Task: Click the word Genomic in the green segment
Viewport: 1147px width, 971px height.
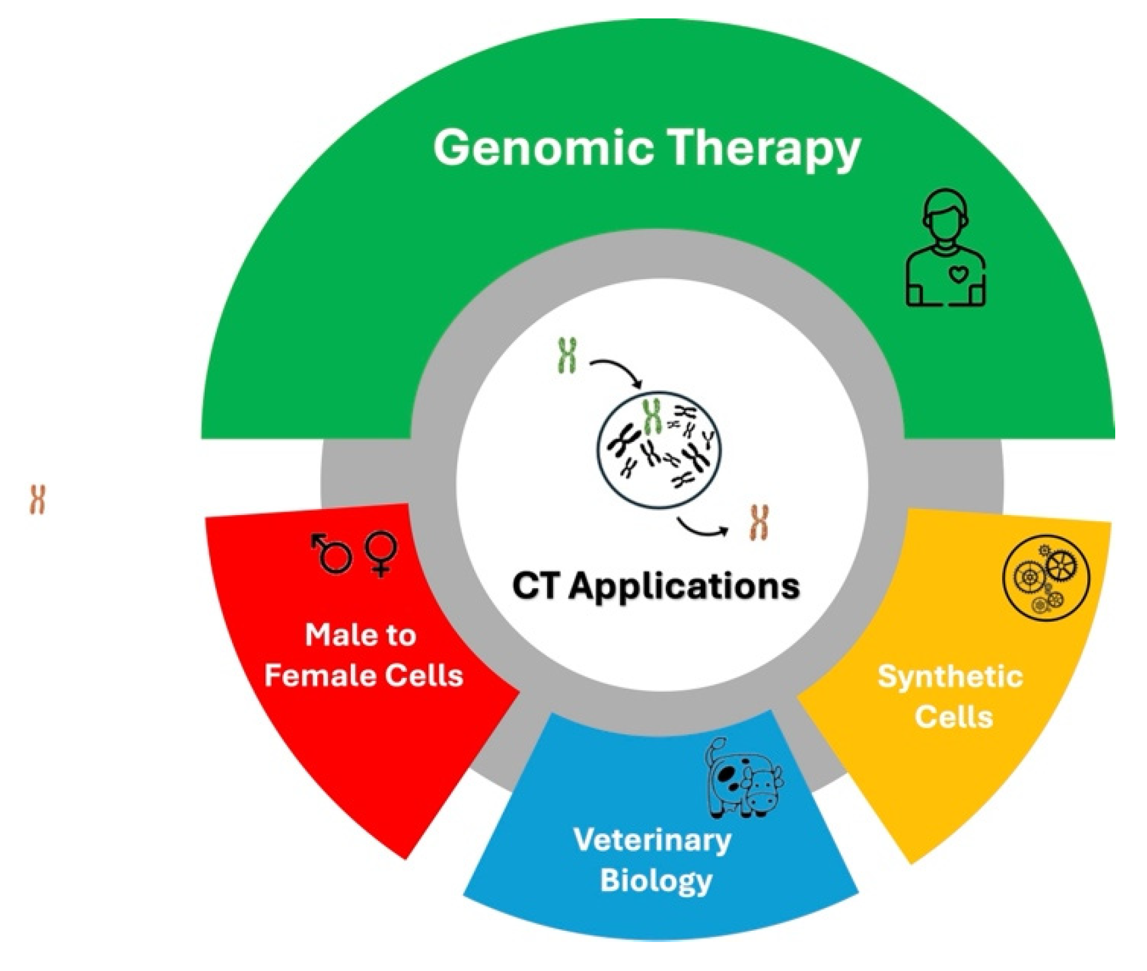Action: (544, 148)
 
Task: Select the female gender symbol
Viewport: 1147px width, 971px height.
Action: (381, 554)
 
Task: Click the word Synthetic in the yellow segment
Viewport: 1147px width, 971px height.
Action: (950, 677)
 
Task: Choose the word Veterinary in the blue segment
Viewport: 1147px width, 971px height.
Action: (652, 840)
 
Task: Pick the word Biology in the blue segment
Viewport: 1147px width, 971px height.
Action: (656, 881)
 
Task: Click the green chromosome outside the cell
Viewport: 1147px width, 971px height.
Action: (567, 355)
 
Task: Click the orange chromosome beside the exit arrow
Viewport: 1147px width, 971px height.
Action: (759, 523)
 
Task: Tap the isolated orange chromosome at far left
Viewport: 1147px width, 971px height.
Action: (37, 499)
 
